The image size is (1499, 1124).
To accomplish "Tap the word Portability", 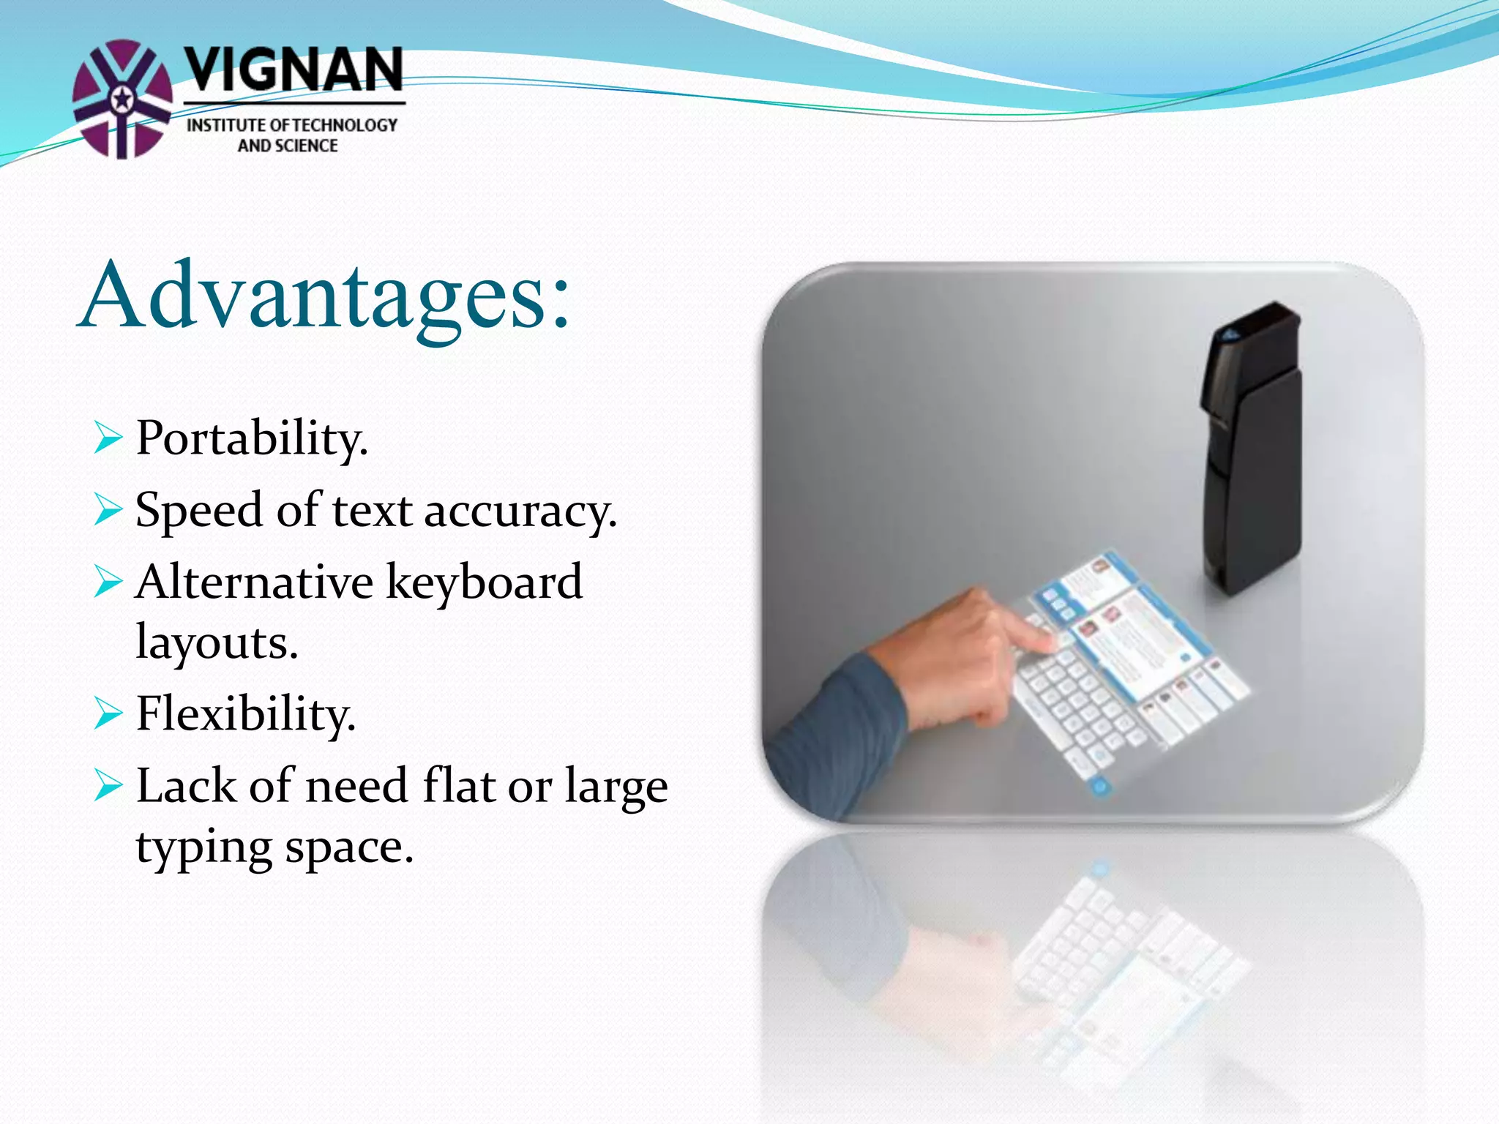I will tap(251, 439).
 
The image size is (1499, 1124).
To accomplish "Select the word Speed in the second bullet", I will tap(198, 510).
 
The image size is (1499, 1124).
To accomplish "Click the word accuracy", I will tap(520, 512).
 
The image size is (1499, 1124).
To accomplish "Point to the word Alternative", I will tap(254, 582).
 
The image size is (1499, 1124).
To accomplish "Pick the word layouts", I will tap(217, 642).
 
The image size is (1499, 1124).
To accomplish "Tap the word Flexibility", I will tap(245, 714).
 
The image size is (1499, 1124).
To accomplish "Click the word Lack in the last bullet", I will tap(186, 786).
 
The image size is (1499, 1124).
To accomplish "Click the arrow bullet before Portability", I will tap(108, 439).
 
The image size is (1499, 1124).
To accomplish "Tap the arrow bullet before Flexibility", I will tap(108, 714).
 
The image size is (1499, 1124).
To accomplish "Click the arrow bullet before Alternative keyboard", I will tap(108, 583).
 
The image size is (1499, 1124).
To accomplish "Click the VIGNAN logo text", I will tap(293, 71).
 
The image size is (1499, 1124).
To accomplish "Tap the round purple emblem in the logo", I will tap(122, 99).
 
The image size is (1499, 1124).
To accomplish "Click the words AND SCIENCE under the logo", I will tap(288, 146).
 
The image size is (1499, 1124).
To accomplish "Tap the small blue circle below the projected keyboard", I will tap(1099, 787).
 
